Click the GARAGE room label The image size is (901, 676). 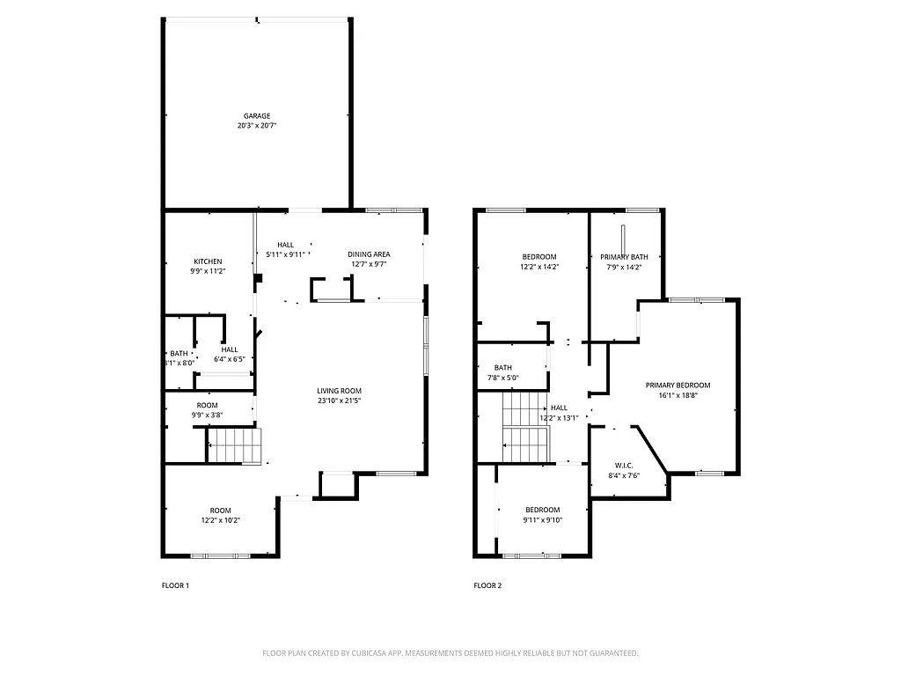257,115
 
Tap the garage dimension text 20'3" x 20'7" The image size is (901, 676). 257,126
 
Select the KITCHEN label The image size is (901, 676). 208,261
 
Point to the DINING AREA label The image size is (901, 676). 369,254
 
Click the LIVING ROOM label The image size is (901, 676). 340,391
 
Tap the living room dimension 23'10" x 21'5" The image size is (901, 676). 340,401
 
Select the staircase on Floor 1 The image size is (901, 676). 236,445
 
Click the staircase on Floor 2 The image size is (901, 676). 525,427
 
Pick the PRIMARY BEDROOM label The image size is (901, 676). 678,386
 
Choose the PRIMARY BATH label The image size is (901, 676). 625,257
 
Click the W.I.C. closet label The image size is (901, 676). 624,466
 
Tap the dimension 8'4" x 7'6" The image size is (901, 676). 624,476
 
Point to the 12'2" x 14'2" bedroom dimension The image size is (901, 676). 538,267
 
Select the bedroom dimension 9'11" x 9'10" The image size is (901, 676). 543,520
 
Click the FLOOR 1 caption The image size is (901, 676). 175,585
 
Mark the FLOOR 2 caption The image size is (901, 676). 487,585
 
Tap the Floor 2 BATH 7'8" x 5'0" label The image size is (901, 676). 503,373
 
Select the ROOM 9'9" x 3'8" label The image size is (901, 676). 207,410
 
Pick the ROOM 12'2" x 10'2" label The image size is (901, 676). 220,515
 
